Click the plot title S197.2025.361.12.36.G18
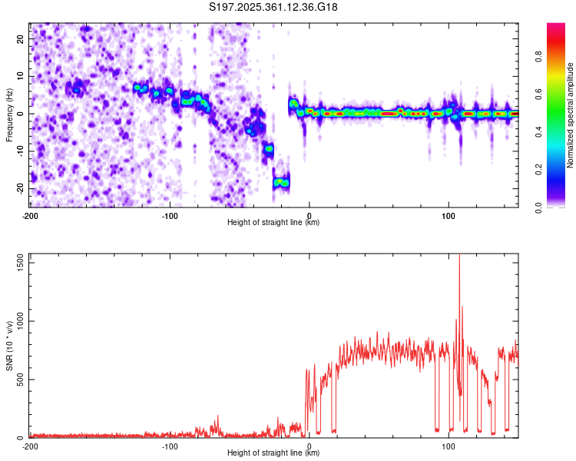pyautogui.click(x=274, y=7)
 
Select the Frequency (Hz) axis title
pyautogui.click(x=9, y=115)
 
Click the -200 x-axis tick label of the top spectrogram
pyautogui.click(x=31, y=215)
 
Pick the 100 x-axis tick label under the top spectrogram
pyautogui.click(x=449, y=215)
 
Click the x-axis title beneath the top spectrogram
pyautogui.click(x=273, y=223)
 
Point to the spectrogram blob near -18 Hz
pyautogui.click(x=281, y=182)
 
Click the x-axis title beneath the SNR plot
pyautogui.click(x=273, y=453)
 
